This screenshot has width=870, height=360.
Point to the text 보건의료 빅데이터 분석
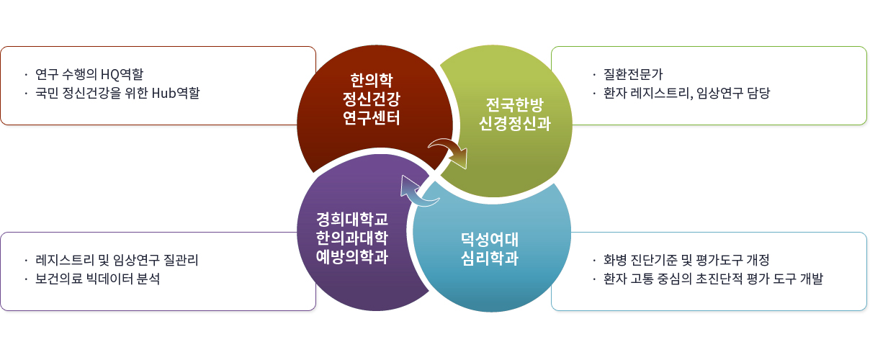(x=97, y=279)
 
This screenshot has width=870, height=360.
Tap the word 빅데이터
(x=106, y=279)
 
